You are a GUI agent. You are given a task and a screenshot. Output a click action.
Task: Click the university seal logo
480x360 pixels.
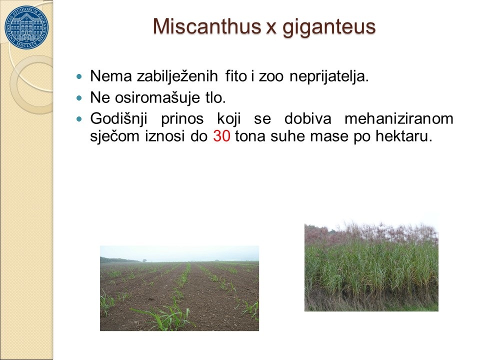tap(26, 27)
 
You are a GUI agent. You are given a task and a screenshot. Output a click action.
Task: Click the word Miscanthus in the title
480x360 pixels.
tap(207, 26)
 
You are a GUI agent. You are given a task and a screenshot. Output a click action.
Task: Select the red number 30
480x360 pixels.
tap(221, 135)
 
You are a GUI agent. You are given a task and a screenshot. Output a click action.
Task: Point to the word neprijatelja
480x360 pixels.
tap(329, 76)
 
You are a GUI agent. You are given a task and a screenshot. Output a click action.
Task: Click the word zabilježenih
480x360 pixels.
tap(177, 76)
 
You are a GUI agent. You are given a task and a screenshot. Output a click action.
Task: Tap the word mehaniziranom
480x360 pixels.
tap(399, 118)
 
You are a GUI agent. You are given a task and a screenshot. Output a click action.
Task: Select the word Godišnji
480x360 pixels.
tap(119, 119)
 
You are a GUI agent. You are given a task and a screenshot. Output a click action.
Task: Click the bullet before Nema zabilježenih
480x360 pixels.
tap(79, 76)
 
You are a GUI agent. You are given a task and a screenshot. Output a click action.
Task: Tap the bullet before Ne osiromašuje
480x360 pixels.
tap(79, 98)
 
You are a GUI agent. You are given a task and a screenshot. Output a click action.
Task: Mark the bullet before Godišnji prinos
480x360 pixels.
tap(79, 119)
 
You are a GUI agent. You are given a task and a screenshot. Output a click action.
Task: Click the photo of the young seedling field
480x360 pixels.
tap(179, 288)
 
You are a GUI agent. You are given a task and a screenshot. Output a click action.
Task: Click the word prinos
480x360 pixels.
tap(182, 119)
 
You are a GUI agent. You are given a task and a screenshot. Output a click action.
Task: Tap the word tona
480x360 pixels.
tap(250, 136)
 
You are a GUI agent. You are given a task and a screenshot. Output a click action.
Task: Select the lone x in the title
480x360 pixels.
tap(271, 29)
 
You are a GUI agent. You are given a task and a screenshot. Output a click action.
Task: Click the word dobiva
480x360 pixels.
tap(307, 118)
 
